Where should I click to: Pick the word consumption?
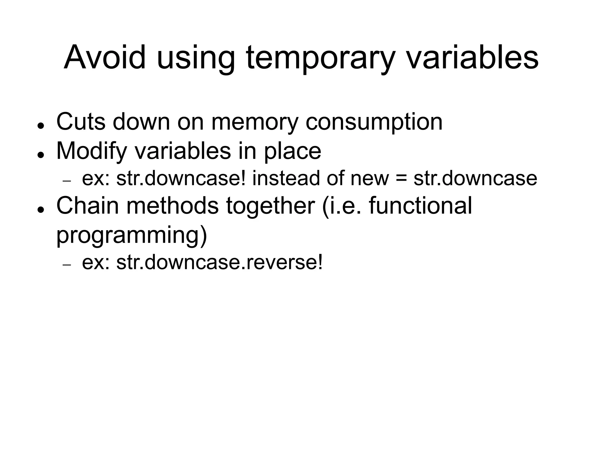click(374, 122)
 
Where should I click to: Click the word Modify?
click(92, 151)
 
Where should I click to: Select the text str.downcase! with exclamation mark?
click(181, 178)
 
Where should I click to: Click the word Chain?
click(87, 205)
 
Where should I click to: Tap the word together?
click(271, 206)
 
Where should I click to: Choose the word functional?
click(420, 205)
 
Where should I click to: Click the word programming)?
click(132, 235)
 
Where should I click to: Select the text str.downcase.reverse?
click(219, 262)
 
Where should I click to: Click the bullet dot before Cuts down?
click(41, 125)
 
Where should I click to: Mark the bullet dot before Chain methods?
click(41, 209)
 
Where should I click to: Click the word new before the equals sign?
click(370, 179)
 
